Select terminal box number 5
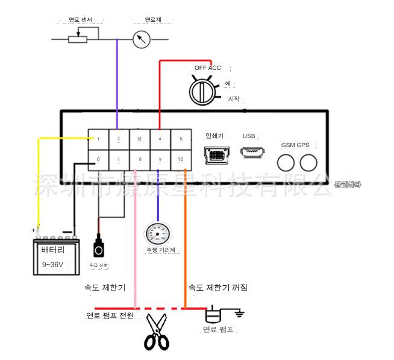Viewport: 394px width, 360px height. tap(181, 139)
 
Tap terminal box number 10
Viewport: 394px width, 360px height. tap(181, 159)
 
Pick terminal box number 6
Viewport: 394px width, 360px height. tap(98, 159)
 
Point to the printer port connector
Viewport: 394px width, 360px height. tap(215, 155)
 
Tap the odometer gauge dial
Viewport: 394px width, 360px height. tap(158, 234)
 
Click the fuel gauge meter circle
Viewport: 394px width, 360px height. tap(142, 40)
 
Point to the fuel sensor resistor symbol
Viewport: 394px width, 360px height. tap(78, 40)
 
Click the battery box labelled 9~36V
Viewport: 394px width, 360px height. tap(57, 256)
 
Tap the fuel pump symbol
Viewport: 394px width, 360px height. tap(214, 315)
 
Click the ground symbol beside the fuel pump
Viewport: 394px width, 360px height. tap(239, 314)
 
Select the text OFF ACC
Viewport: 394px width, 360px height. tap(207, 68)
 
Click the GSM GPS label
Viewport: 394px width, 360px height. tap(295, 145)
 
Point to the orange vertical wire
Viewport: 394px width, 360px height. tap(186, 241)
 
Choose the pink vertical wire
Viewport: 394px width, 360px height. tap(136, 241)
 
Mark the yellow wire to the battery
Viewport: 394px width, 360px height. tap(39, 181)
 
